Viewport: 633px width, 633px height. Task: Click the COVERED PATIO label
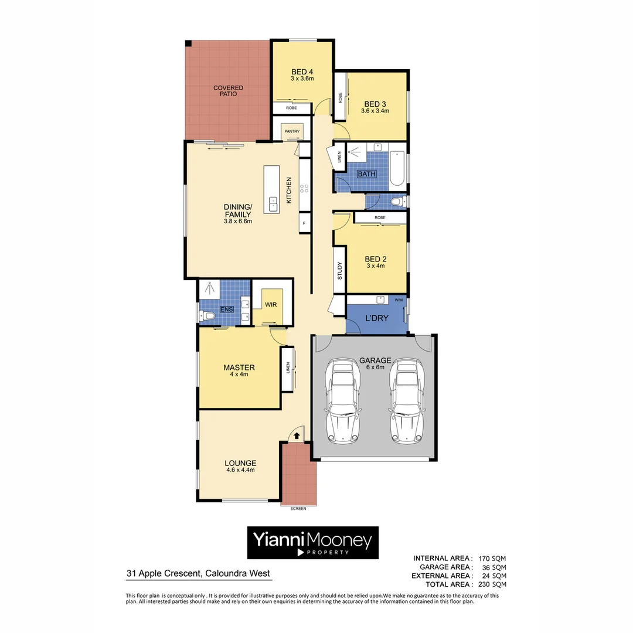tap(228, 91)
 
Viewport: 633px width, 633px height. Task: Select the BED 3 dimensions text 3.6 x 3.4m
tap(375, 111)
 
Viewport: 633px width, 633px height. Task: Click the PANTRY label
tap(292, 131)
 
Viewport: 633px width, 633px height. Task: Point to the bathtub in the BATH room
tap(397, 168)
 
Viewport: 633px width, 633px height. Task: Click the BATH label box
tap(366, 174)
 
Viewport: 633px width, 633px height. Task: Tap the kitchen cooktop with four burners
tap(305, 189)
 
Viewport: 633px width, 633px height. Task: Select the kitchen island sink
tap(273, 203)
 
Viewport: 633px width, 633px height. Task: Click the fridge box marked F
tap(304, 223)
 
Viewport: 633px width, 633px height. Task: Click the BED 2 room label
tap(375, 259)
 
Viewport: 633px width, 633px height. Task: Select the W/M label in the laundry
tap(399, 301)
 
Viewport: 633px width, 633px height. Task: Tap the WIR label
tap(271, 305)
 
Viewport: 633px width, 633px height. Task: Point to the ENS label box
tap(225, 309)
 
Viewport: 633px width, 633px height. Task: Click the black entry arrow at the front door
tap(297, 435)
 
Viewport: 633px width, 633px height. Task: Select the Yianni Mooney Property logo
tap(312, 542)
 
